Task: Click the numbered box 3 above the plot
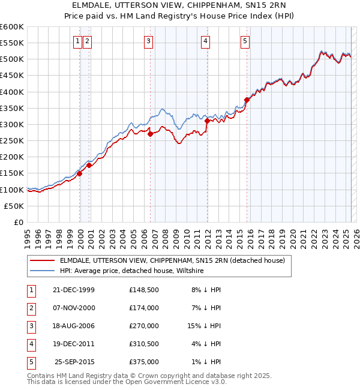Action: click(x=148, y=41)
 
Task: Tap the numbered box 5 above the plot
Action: click(x=245, y=41)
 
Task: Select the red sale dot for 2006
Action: click(x=151, y=134)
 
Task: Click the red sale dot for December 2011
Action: click(x=207, y=121)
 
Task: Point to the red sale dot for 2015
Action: click(x=247, y=100)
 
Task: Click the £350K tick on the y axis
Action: click(x=13, y=109)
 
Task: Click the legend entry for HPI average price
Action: click(x=131, y=271)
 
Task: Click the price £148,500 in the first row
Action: click(x=143, y=290)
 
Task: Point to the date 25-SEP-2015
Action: click(x=74, y=362)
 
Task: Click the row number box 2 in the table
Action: click(x=30, y=308)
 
